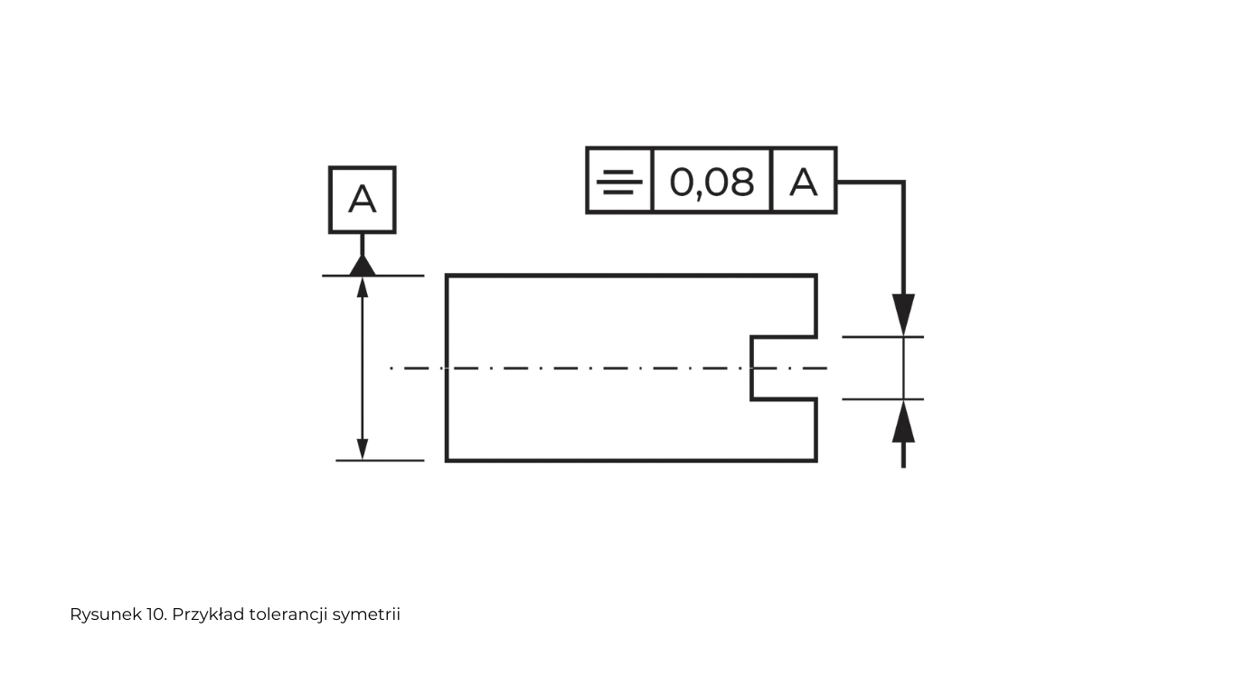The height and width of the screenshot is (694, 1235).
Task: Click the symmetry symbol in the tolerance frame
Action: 619,182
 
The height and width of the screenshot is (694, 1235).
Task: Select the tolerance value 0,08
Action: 712,183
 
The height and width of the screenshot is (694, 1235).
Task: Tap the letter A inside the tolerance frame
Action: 804,182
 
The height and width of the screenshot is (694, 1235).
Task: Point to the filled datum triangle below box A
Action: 363,266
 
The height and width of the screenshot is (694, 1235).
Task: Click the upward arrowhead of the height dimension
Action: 363,287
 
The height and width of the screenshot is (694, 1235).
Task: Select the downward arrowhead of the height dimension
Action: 363,449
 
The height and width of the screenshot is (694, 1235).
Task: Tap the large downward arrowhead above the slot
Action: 903,314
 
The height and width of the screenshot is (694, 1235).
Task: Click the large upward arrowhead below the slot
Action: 903,421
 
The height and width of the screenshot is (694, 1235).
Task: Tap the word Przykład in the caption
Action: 208,615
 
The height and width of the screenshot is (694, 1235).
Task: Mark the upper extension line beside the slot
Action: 882,336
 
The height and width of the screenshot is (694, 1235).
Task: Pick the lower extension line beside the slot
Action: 882,399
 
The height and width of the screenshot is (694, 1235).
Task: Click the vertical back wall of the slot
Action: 751,368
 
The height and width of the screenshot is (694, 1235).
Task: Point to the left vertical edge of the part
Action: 447,368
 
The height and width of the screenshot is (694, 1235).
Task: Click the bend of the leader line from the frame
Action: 903,182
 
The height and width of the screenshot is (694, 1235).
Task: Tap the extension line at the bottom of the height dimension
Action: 380,460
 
